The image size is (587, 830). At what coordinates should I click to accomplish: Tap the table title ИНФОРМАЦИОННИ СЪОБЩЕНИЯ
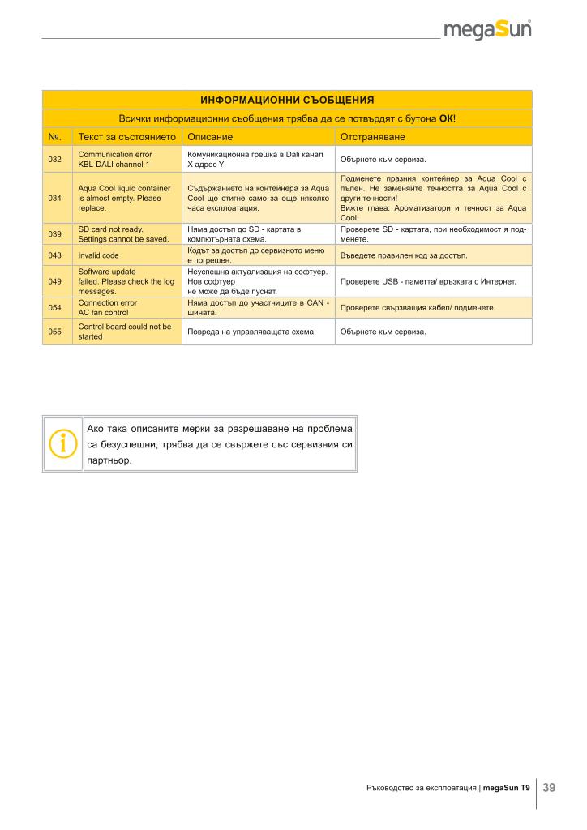click(287, 100)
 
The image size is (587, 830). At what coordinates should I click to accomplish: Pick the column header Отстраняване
click(373, 137)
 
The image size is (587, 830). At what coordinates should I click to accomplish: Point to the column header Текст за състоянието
click(126, 137)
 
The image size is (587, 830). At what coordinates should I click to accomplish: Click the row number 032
click(55, 159)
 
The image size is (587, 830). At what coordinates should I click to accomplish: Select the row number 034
click(55, 198)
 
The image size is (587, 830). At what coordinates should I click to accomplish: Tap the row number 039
click(55, 234)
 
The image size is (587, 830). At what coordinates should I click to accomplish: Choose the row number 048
click(55, 255)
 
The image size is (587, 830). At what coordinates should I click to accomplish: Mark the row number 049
click(55, 281)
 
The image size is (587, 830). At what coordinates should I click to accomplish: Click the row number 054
click(55, 308)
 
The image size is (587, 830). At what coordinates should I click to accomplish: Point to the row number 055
click(55, 332)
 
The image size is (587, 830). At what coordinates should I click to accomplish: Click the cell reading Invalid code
click(98, 255)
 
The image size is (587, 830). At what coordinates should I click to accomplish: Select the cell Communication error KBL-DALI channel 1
click(114, 159)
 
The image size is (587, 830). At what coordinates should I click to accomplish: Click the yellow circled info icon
click(62, 443)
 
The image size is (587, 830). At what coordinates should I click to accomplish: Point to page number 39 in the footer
click(549, 787)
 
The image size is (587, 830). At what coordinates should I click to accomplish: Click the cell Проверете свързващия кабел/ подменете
click(418, 308)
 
